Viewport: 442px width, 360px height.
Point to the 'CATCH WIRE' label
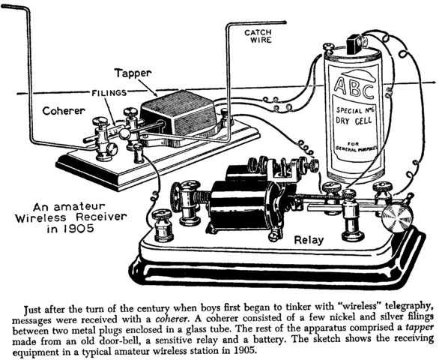coord(258,37)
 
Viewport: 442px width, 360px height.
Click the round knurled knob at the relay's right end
coord(396,219)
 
